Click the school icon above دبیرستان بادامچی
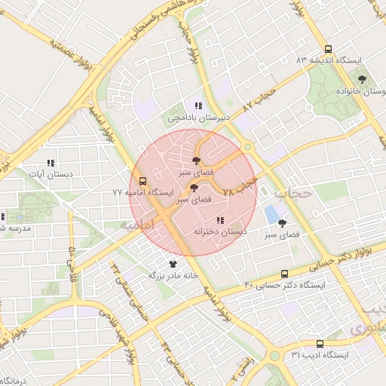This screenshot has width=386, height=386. coord(198,106)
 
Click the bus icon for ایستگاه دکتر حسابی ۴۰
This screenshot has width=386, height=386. coord(284,274)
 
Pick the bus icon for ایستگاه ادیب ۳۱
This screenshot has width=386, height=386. coord(320,343)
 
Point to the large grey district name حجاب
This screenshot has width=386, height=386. coord(293,193)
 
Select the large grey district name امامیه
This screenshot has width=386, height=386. coord(136,225)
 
